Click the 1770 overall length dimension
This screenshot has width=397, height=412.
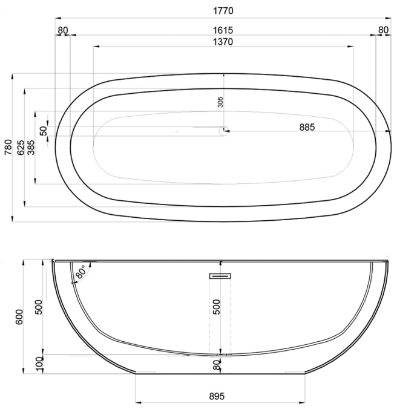[x=223, y=11]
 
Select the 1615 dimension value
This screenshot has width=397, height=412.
[x=223, y=30]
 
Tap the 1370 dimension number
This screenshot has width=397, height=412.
[x=223, y=42]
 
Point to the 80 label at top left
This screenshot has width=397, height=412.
[x=63, y=30]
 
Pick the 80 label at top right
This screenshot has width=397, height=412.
[x=383, y=30]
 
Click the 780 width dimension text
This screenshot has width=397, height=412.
[x=8, y=147]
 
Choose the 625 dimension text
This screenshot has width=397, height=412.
[x=21, y=148]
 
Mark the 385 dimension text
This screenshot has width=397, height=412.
[x=31, y=148]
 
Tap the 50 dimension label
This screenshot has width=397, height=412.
[x=44, y=131]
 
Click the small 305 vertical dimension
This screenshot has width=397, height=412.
[x=220, y=102]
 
